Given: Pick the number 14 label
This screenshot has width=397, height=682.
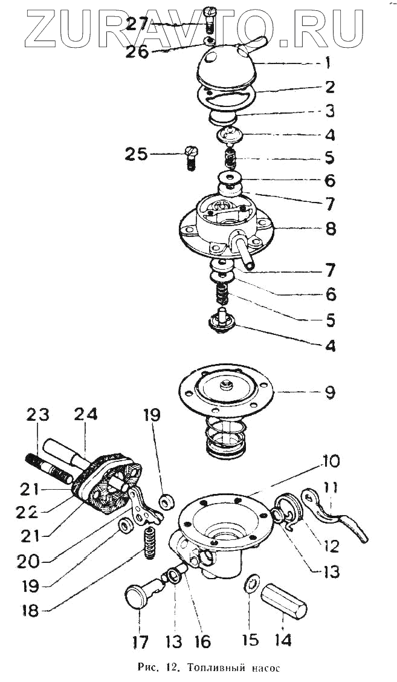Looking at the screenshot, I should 282,638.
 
